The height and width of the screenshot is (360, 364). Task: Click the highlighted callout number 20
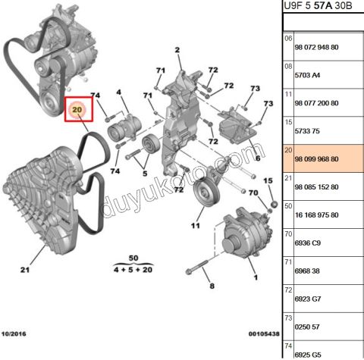pos(77,111)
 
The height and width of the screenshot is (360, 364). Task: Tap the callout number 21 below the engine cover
pos(25,270)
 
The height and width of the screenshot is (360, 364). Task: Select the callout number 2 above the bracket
pos(177,52)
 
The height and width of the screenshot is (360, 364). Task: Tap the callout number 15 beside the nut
pos(267,180)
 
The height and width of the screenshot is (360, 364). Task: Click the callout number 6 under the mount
pos(257,158)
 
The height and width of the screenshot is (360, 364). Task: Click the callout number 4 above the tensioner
pos(118,92)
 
